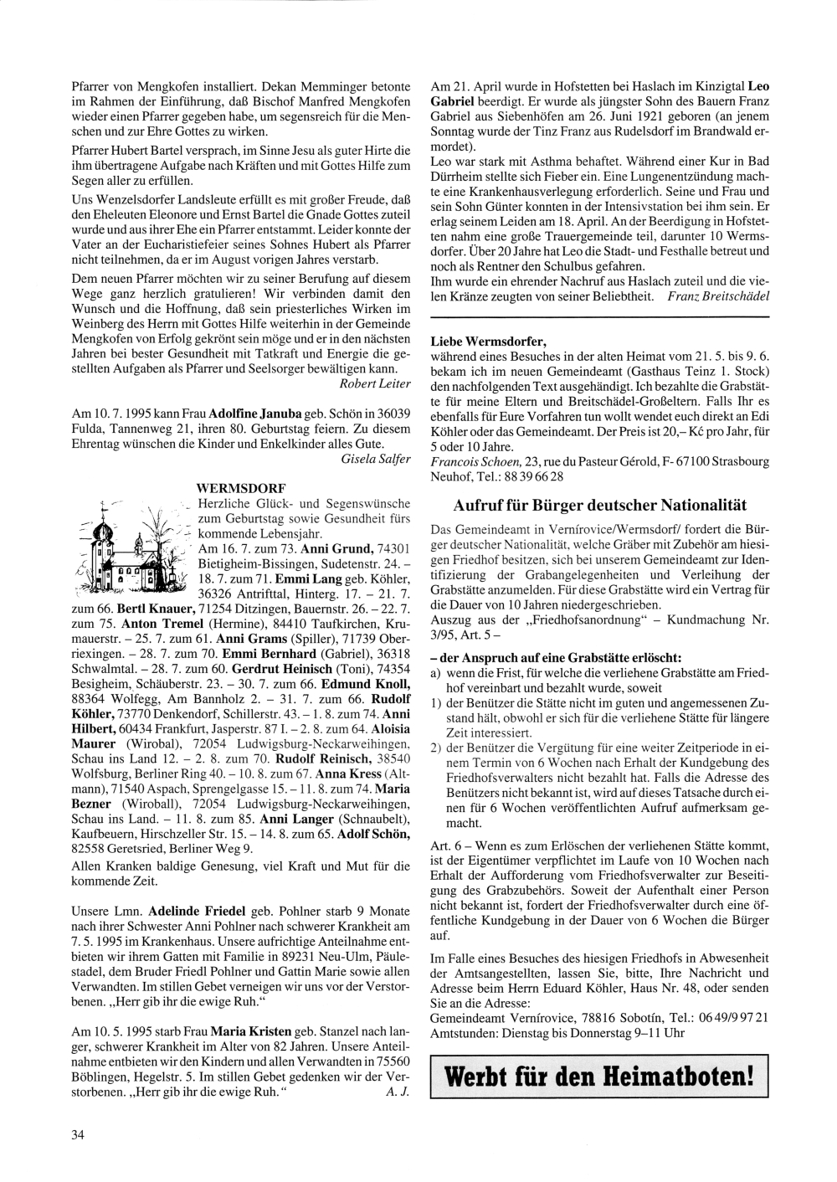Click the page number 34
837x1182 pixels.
[x=79, y=1135]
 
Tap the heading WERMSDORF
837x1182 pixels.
[x=240, y=487]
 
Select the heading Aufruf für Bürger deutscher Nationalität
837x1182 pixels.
[x=599, y=506]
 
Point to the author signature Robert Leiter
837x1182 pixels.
[x=376, y=383]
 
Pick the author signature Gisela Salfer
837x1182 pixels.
[x=377, y=459]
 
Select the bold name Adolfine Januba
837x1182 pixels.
[x=255, y=414]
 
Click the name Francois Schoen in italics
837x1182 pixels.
[x=474, y=460]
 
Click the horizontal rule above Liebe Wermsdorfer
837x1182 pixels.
[x=599, y=318]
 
